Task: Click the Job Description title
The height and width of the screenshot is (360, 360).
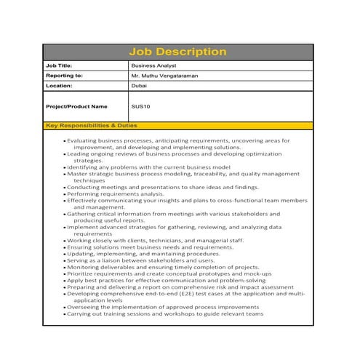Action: click(178, 52)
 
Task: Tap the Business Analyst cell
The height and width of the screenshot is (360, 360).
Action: click(155, 65)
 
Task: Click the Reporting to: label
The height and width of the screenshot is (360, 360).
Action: click(64, 75)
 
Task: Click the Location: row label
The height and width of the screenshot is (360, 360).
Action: click(59, 85)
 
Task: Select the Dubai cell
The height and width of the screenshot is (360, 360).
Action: click(138, 85)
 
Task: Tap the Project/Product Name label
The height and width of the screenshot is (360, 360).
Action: click(76, 106)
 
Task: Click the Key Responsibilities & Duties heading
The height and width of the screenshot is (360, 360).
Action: click(92, 126)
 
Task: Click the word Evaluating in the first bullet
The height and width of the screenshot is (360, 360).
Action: click(85, 140)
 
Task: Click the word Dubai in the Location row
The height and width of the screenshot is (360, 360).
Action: click(138, 85)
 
